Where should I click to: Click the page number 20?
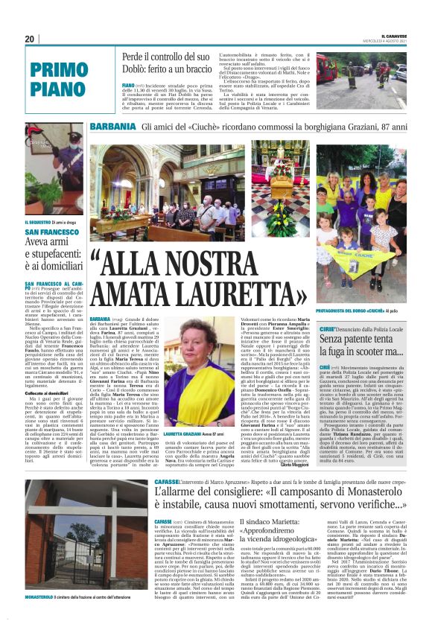pos(30,39)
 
